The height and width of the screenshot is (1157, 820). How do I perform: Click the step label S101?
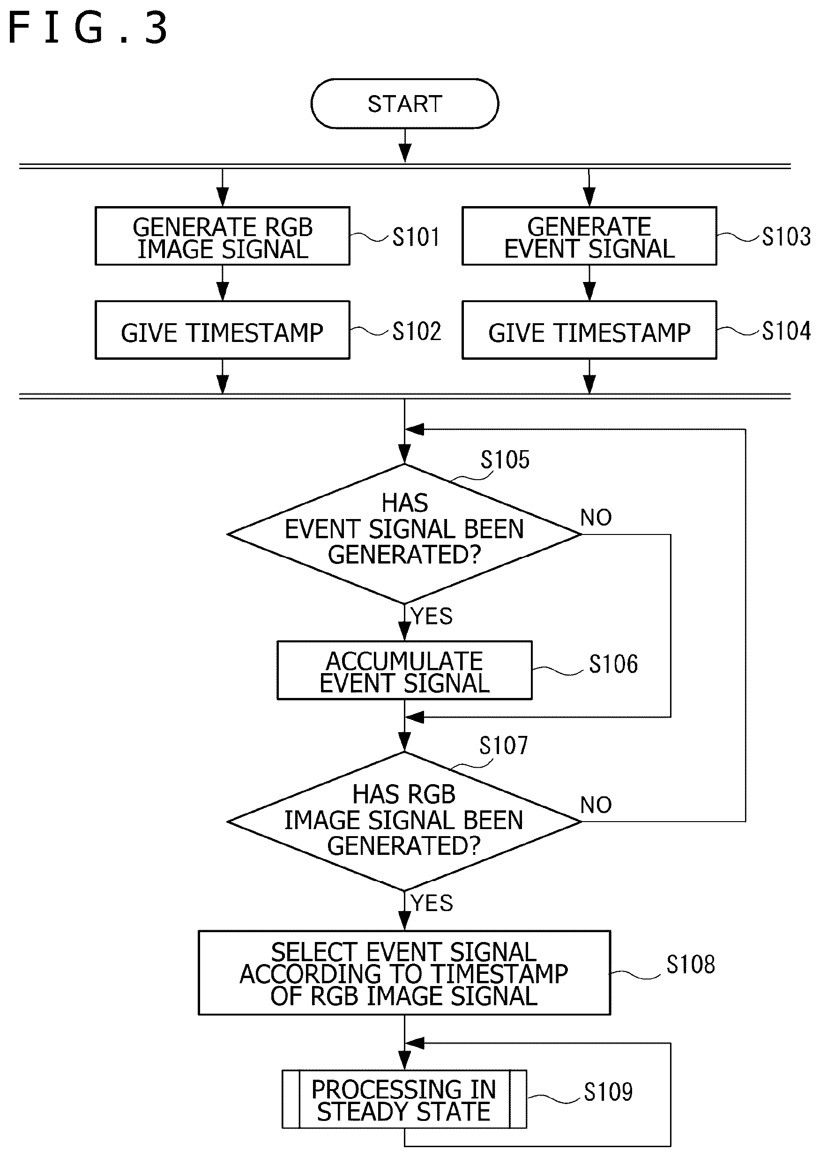(x=416, y=237)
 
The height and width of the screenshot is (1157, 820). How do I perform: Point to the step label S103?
(x=786, y=236)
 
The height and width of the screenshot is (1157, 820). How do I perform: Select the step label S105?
(x=505, y=460)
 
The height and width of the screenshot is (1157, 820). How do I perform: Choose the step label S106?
(x=613, y=664)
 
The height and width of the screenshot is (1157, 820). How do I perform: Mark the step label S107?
(x=503, y=746)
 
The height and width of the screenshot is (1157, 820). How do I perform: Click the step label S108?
(x=691, y=964)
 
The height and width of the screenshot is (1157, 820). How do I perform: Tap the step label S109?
(x=608, y=1092)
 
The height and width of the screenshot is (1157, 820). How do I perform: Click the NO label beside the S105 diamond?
(x=596, y=518)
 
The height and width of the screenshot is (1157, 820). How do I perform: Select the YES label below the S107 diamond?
(x=432, y=903)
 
